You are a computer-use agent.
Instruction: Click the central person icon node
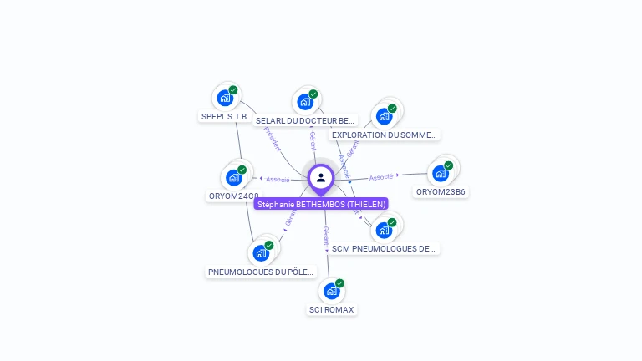(x=321, y=177)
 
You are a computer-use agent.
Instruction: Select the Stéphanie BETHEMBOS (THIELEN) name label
(x=321, y=204)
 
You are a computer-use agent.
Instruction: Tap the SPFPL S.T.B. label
(x=225, y=116)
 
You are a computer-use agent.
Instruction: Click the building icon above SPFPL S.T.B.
(x=225, y=98)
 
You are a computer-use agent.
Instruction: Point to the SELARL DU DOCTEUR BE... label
(x=305, y=120)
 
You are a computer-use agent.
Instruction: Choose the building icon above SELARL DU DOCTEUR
(x=305, y=102)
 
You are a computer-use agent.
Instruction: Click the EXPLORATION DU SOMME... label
(x=384, y=135)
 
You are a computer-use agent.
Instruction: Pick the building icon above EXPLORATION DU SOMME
(x=384, y=116)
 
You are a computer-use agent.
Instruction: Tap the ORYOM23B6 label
(x=441, y=191)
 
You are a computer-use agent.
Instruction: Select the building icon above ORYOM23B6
(x=441, y=173)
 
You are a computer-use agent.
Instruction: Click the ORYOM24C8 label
(x=233, y=196)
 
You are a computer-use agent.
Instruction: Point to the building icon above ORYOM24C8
(x=233, y=177)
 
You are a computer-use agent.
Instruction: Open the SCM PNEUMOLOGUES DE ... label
(x=384, y=248)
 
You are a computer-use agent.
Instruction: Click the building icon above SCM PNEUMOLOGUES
(x=384, y=230)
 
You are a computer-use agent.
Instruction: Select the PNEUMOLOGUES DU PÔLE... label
(x=261, y=272)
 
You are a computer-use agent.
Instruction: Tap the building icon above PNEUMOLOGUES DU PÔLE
(x=261, y=252)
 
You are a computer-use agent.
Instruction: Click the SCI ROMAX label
(x=331, y=309)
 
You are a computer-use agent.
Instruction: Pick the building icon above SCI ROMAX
(x=331, y=291)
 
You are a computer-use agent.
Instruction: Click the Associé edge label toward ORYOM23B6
(x=381, y=177)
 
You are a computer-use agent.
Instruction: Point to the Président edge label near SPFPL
(x=273, y=139)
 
